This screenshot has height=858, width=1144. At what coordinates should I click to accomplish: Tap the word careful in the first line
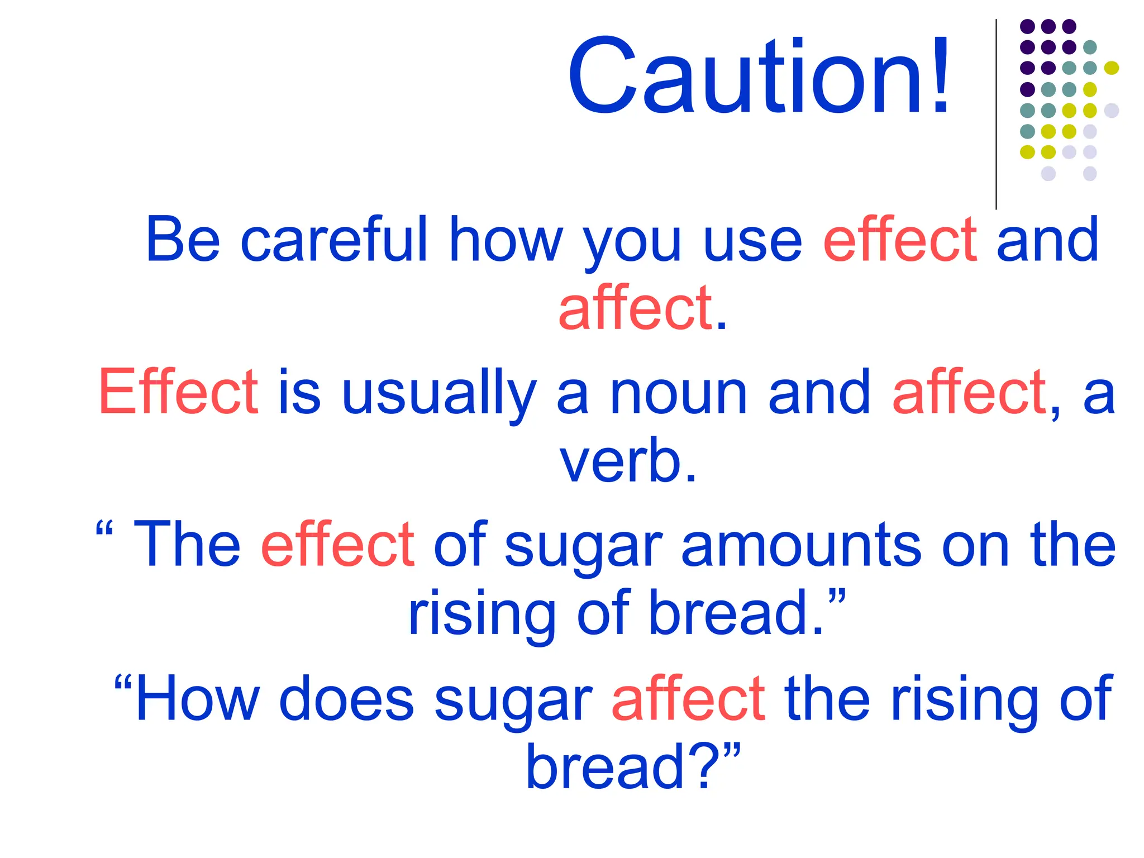pyautogui.click(x=334, y=240)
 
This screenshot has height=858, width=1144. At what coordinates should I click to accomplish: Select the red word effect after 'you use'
pyautogui.click(x=900, y=240)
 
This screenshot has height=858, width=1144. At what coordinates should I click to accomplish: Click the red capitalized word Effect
pyautogui.click(x=178, y=392)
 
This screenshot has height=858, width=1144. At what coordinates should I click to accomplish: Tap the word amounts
pyautogui.click(x=802, y=545)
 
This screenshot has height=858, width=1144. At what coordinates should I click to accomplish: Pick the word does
pyautogui.click(x=346, y=698)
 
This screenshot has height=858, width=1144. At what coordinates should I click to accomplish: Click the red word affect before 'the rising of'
pyautogui.click(x=688, y=698)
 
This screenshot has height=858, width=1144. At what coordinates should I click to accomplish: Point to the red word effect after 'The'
pyautogui.click(x=337, y=545)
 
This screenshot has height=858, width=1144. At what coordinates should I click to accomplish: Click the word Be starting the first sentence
pyautogui.click(x=183, y=240)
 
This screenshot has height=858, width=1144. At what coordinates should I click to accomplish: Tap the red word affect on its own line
pyautogui.click(x=636, y=308)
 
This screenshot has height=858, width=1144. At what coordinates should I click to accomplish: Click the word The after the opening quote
pyautogui.click(x=187, y=545)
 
